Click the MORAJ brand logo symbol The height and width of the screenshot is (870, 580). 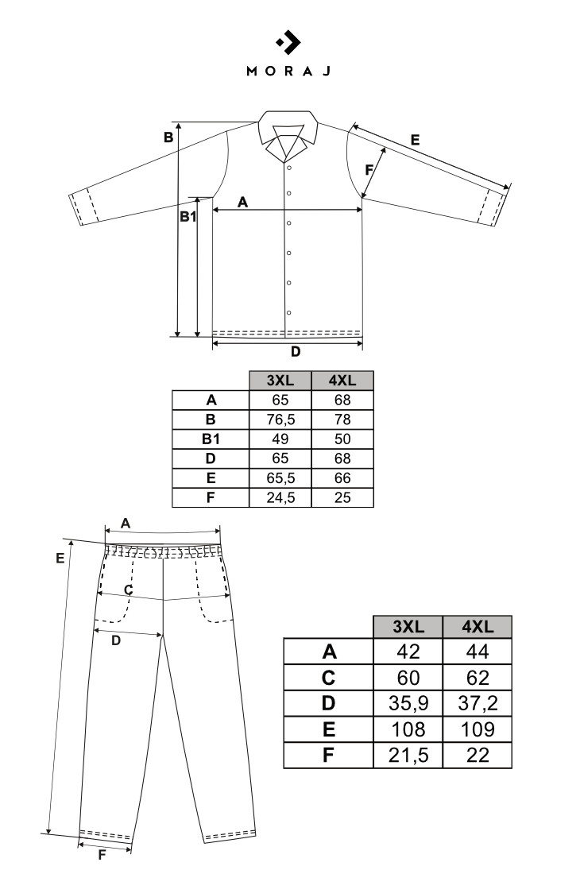click(288, 42)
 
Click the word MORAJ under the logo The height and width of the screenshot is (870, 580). click(288, 71)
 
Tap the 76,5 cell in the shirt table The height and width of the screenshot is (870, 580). click(280, 420)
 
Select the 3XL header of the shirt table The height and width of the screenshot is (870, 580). click(280, 381)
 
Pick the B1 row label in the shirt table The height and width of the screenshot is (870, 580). click(211, 439)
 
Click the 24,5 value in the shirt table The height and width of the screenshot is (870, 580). click(280, 497)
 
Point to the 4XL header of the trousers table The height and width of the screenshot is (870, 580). click(478, 626)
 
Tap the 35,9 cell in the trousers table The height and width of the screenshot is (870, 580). click(408, 703)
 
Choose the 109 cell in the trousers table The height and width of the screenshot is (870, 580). click(478, 729)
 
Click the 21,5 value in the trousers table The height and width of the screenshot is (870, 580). click(408, 755)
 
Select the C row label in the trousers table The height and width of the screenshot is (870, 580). click(328, 678)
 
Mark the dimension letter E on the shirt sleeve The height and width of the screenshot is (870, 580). click(416, 141)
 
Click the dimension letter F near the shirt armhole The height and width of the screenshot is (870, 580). click(369, 170)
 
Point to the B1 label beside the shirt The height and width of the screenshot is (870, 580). click(188, 216)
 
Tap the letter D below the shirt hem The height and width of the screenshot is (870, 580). click(296, 351)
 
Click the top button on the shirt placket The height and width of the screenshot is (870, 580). click(288, 167)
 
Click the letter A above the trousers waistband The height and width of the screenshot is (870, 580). click(126, 524)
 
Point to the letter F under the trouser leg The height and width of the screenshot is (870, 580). click(102, 855)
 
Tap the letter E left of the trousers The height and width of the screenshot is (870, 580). click(60, 559)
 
